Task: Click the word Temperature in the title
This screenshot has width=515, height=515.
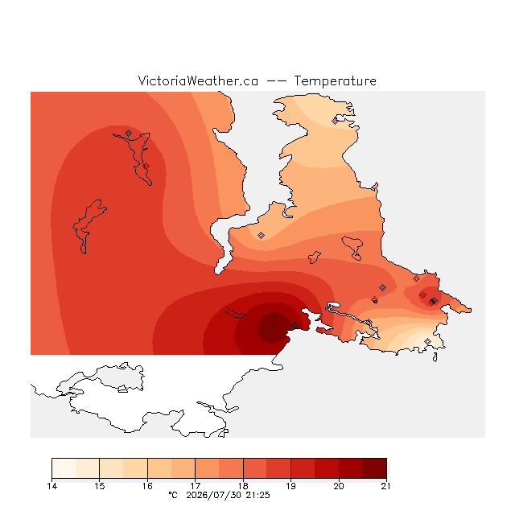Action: click(x=335, y=80)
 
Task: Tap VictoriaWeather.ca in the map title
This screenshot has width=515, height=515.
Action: click(x=198, y=80)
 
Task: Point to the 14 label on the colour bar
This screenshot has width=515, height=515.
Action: click(x=51, y=486)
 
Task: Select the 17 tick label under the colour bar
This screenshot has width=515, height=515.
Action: click(x=196, y=486)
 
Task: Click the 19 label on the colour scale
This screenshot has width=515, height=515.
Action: click(x=291, y=486)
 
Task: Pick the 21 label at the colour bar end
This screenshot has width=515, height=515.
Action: click(x=386, y=486)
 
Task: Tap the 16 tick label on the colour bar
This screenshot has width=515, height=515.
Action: click(x=147, y=486)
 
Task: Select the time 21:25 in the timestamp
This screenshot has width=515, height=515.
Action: click(x=257, y=495)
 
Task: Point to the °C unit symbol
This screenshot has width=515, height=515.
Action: click(x=173, y=495)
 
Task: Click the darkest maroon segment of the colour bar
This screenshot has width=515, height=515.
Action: click(x=374, y=468)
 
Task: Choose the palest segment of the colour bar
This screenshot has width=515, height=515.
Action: click(x=64, y=468)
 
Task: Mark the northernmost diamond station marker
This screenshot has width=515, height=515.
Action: click(x=335, y=122)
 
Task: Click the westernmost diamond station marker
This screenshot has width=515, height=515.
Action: click(x=129, y=133)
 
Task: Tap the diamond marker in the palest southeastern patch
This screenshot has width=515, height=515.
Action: click(x=427, y=341)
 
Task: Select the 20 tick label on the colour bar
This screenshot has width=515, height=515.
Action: click(x=339, y=486)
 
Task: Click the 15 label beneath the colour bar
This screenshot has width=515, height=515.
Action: click(x=100, y=486)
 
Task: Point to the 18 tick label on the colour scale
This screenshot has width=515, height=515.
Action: click(x=243, y=486)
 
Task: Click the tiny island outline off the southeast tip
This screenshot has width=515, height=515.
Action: click(x=435, y=357)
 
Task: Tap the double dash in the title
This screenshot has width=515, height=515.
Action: click(x=276, y=81)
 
